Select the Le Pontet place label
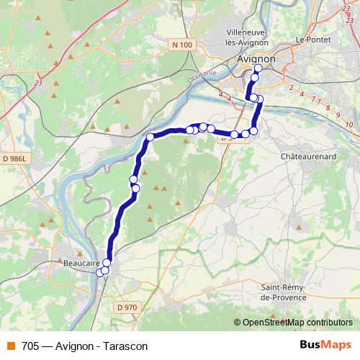click(311, 39)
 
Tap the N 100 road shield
click(183, 45)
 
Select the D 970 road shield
click(126, 307)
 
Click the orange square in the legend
click(11, 346)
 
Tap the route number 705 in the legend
click(30, 346)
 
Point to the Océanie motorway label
click(202, 76)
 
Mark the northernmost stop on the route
click(258, 68)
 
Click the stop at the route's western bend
click(150, 137)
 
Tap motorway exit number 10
click(348, 125)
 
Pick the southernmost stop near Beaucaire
click(100, 271)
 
